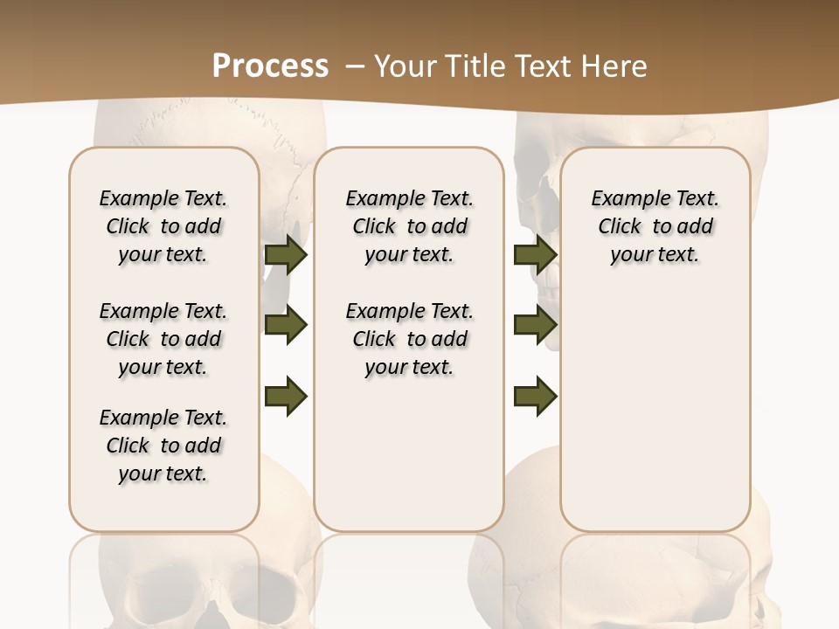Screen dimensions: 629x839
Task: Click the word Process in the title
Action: (270, 66)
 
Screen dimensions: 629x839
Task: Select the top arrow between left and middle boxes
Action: (286, 255)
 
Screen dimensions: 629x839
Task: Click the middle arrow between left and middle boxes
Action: (286, 325)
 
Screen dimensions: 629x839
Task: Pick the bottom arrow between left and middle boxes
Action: (286, 396)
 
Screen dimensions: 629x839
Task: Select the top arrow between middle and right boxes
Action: (535, 255)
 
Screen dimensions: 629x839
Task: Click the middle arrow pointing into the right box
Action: (535, 325)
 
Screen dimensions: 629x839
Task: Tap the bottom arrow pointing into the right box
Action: (535, 396)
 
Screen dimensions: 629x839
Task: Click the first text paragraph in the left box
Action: (163, 226)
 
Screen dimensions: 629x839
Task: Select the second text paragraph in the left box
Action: (163, 339)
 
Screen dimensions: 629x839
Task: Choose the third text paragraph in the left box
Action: (163, 446)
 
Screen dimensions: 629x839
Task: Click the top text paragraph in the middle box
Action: (409, 226)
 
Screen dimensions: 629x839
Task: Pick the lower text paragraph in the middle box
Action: (409, 339)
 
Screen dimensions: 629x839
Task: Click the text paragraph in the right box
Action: (655, 226)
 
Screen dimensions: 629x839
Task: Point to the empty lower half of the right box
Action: (655, 419)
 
